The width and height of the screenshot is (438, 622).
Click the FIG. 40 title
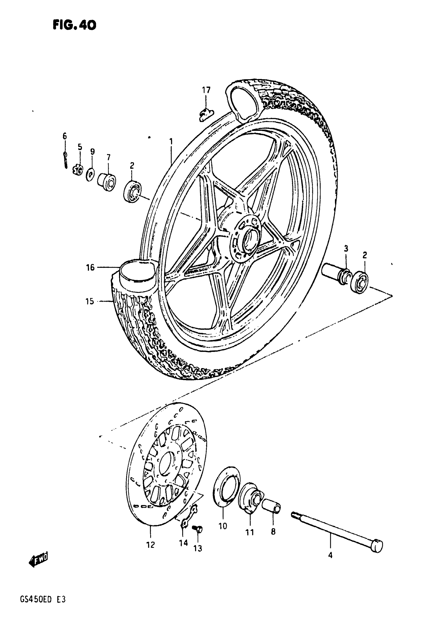pos(74,25)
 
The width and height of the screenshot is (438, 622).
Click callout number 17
pos(206,90)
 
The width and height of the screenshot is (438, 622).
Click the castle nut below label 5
pos(78,171)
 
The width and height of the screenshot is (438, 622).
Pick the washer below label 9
pos(90,174)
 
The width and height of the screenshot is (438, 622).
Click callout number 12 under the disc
pos(150,544)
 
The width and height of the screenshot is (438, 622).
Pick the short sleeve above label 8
pos(271,506)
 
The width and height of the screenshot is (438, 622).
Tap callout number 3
pos(346,249)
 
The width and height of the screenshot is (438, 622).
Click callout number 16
pos(90,268)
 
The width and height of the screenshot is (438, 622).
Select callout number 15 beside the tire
pos(90,301)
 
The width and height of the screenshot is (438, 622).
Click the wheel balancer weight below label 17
pos(206,115)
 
